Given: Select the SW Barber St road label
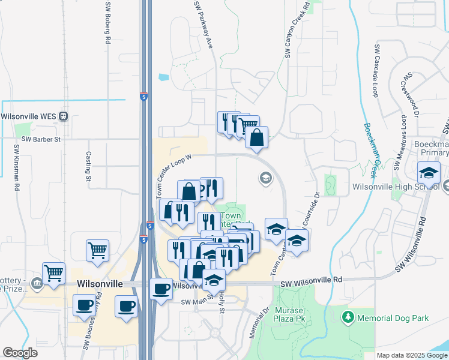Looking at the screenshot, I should click(x=41, y=139).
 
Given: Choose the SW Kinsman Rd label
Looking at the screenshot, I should click(x=16, y=167).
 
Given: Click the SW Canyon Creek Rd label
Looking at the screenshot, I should click(x=296, y=30).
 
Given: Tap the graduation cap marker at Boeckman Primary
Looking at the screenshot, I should click(x=429, y=173).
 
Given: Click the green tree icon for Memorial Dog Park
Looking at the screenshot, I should click(x=348, y=316).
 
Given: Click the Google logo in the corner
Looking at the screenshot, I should click(x=20, y=352).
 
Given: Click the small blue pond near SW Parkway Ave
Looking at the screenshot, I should click(x=164, y=77).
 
